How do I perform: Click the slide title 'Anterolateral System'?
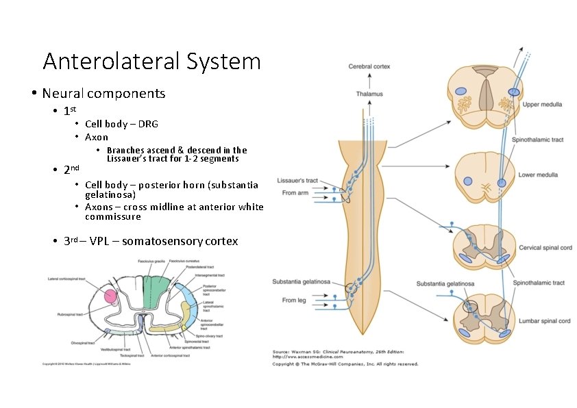pos(151,62)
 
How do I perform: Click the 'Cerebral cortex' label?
pos(369,66)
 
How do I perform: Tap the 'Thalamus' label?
pos(369,94)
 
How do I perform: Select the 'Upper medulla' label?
pos(542,105)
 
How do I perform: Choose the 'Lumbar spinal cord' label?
pos(545,320)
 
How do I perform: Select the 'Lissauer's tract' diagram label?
pos(297,181)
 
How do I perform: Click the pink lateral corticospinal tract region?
pos(110,296)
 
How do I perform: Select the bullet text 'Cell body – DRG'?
pos(121,124)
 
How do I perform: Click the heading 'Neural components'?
pos(103,93)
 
